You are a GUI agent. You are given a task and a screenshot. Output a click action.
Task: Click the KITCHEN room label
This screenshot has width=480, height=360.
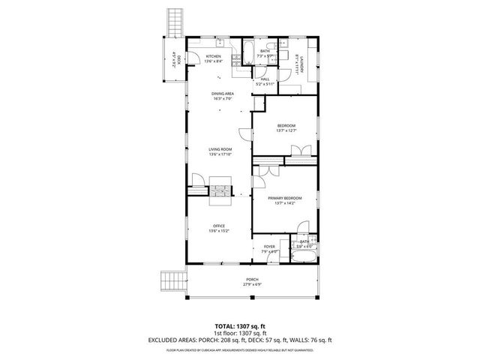(x=214, y=57)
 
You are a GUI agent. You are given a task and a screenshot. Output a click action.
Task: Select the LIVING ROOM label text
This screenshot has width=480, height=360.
(x=220, y=150)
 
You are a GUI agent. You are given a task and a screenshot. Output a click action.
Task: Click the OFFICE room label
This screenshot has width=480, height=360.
(x=219, y=226)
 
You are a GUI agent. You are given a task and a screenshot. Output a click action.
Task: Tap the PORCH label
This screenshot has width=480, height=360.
(x=252, y=279)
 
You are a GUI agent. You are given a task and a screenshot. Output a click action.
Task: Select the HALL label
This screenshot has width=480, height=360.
(x=264, y=79)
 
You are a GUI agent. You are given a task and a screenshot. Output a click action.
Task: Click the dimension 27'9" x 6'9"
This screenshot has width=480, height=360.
(x=252, y=285)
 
